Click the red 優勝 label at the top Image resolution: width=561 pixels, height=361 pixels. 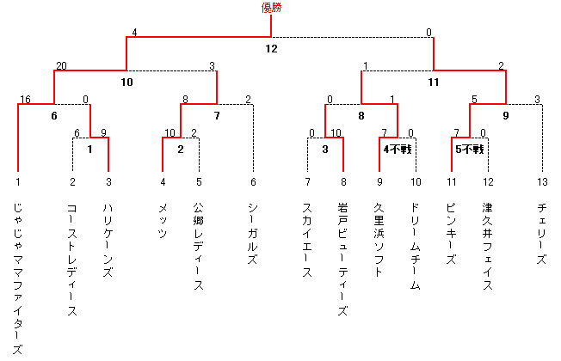click(271, 8)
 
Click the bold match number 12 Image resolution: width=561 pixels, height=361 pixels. click(271, 49)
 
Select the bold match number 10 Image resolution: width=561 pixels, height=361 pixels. click(126, 83)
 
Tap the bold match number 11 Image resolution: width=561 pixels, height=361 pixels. click(434, 83)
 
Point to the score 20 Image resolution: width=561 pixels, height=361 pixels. click(61, 66)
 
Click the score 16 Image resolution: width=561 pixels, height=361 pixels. click(25, 100)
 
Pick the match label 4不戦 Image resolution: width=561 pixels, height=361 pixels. click(398, 149)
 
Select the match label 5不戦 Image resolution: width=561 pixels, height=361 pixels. click(470, 149)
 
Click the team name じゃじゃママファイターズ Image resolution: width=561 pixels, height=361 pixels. click(18, 278)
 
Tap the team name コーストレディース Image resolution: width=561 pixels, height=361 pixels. click(72, 260)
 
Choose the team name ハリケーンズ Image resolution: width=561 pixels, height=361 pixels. click(108, 240)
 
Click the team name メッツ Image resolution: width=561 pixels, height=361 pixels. click(163, 221)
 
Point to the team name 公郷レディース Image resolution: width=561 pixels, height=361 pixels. click(199, 247)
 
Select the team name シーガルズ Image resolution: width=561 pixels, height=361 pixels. click(253, 234)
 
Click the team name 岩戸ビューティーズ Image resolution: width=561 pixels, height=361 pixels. click(342, 260)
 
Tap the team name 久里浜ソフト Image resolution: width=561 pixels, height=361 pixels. click(379, 240)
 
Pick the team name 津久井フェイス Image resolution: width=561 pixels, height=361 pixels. click(487, 247)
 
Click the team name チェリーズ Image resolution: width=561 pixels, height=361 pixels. click(542, 234)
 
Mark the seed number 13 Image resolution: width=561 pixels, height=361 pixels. click(542, 182)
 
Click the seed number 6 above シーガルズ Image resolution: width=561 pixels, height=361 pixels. click(253, 182)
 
